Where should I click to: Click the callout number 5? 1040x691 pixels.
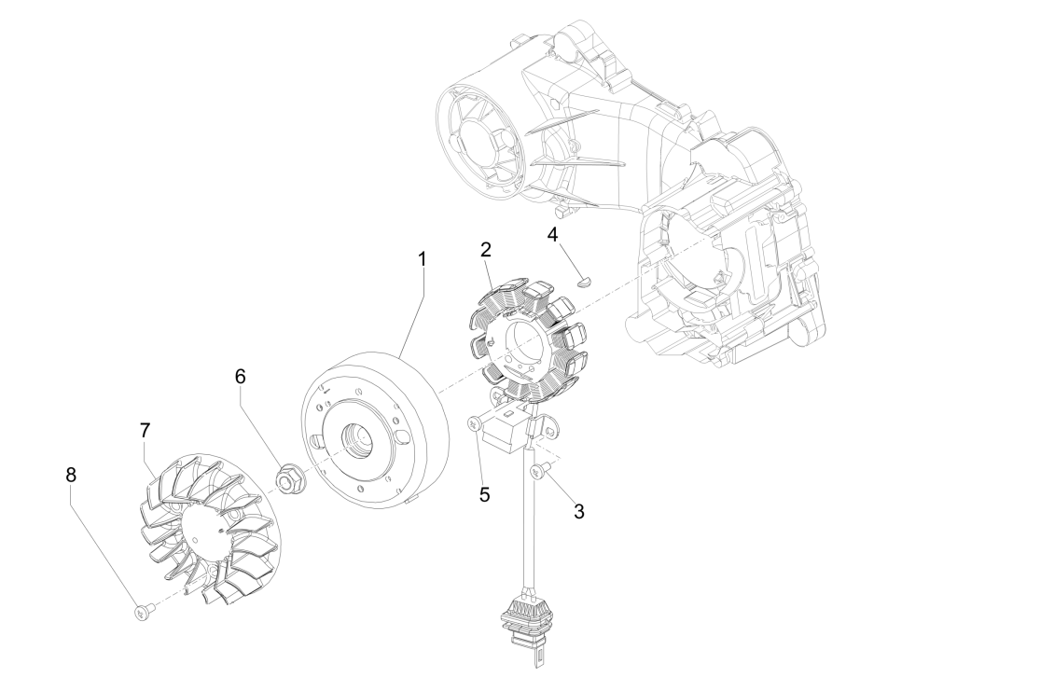[484, 493]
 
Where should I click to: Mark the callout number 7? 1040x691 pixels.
[145, 431]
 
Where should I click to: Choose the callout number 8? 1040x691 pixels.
[72, 474]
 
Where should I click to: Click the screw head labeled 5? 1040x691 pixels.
[474, 424]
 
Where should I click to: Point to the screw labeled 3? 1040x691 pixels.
[537, 474]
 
